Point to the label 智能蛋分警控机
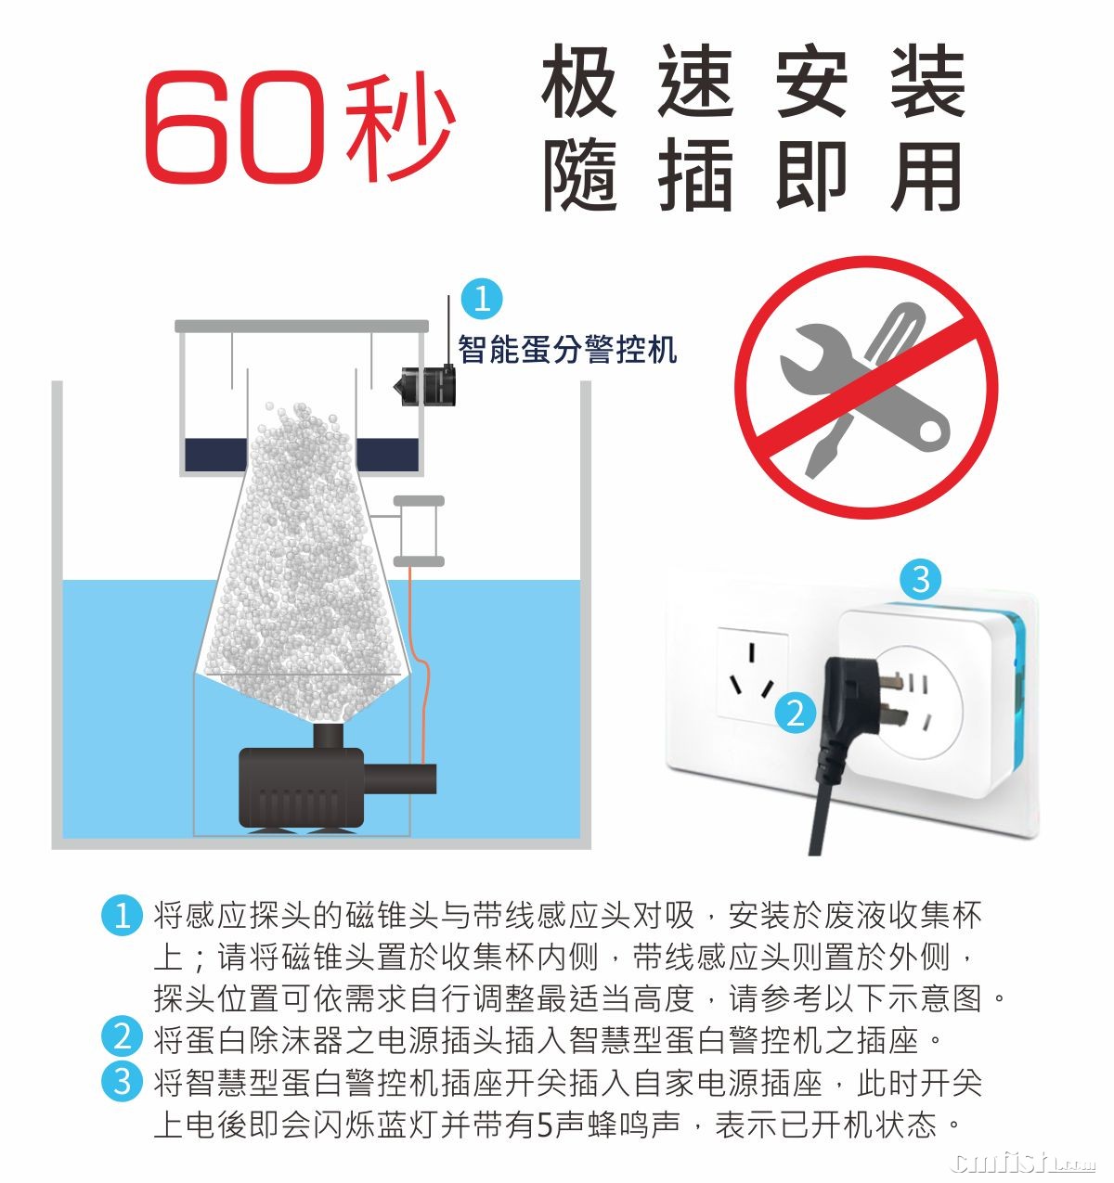567,349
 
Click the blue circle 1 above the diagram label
482,298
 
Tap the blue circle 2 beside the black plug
796,713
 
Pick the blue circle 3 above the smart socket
921,578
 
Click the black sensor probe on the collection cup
424,387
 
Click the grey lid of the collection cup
302,326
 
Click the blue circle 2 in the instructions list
123,1036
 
